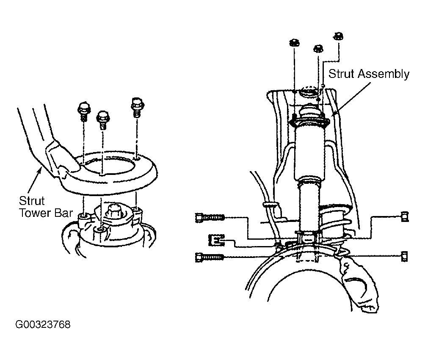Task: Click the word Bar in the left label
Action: [x=63, y=213]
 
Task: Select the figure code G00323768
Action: [x=43, y=324]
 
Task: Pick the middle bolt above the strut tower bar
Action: [x=102, y=120]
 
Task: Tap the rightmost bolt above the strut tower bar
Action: [x=137, y=107]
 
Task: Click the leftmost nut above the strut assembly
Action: [x=294, y=43]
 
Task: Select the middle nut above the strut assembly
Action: [x=318, y=49]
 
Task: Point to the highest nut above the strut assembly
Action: [x=339, y=36]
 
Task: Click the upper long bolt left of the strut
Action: [x=210, y=217]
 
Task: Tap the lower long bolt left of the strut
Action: [x=209, y=257]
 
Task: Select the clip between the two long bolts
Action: [x=217, y=240]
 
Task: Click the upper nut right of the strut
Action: [x=404, y=217]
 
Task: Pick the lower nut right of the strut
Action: [x=404, y=257]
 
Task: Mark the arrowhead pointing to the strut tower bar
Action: [x=39, y=171]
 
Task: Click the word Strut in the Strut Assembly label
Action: [x=341, y=74]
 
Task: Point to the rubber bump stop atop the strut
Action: [x=310, y=113]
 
